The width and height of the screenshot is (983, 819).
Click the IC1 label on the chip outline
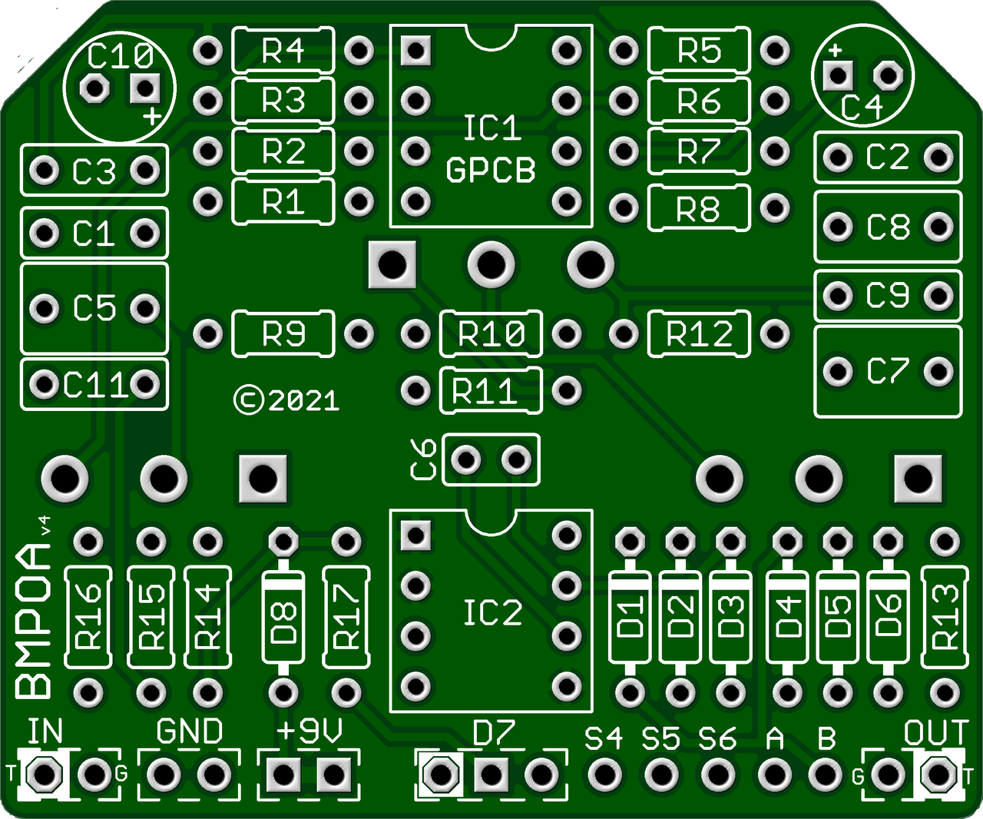pos(491,128)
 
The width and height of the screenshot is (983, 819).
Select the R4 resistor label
pos(283,51)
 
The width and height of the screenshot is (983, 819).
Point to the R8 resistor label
pos(697,209)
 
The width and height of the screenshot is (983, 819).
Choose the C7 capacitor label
pos(888,372)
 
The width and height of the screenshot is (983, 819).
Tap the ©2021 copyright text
pos(286,400)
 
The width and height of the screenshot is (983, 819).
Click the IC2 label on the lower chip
pos(492,612)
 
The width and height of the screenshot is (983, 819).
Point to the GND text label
pos(189,731)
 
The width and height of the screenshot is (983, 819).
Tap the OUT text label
pos(935,733)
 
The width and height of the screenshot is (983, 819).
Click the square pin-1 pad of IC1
pos(415,51)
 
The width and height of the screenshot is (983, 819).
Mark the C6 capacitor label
pos(425,460)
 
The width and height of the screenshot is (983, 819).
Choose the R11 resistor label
pos(484,391)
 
